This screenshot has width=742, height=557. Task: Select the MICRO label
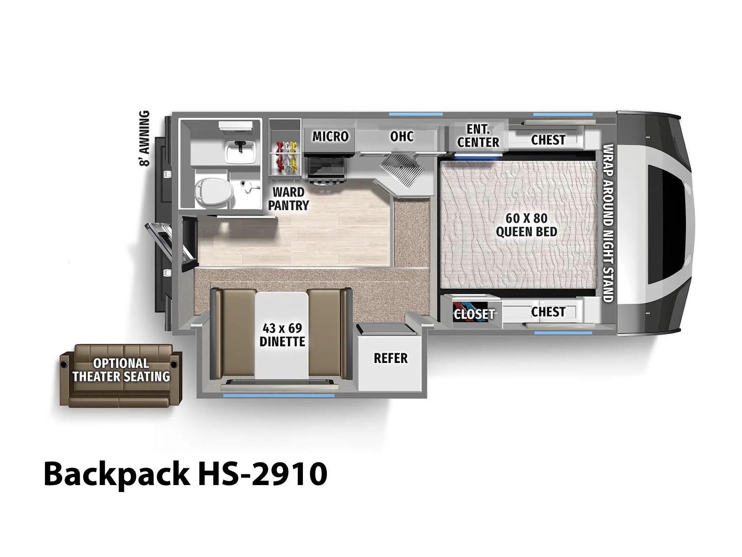tap(330, 136)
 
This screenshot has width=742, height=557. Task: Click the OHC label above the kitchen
tap(402, 136)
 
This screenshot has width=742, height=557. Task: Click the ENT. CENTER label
tap(478, 136)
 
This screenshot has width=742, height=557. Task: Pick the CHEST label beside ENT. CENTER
tap(548, 140)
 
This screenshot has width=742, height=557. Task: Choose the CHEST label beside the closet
tap(548, 311)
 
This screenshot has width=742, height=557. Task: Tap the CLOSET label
tap(474, 314)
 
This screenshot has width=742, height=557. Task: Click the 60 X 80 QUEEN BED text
tap(526, 225)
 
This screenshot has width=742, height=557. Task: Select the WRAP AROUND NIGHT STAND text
tap(608, 223)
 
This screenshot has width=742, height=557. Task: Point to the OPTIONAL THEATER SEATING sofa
tap(121, 376)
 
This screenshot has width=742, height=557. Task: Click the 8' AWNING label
tap(144, 138)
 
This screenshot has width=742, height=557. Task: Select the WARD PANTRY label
tap(288, 199)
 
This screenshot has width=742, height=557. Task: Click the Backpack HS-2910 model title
tap(185, 474)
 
